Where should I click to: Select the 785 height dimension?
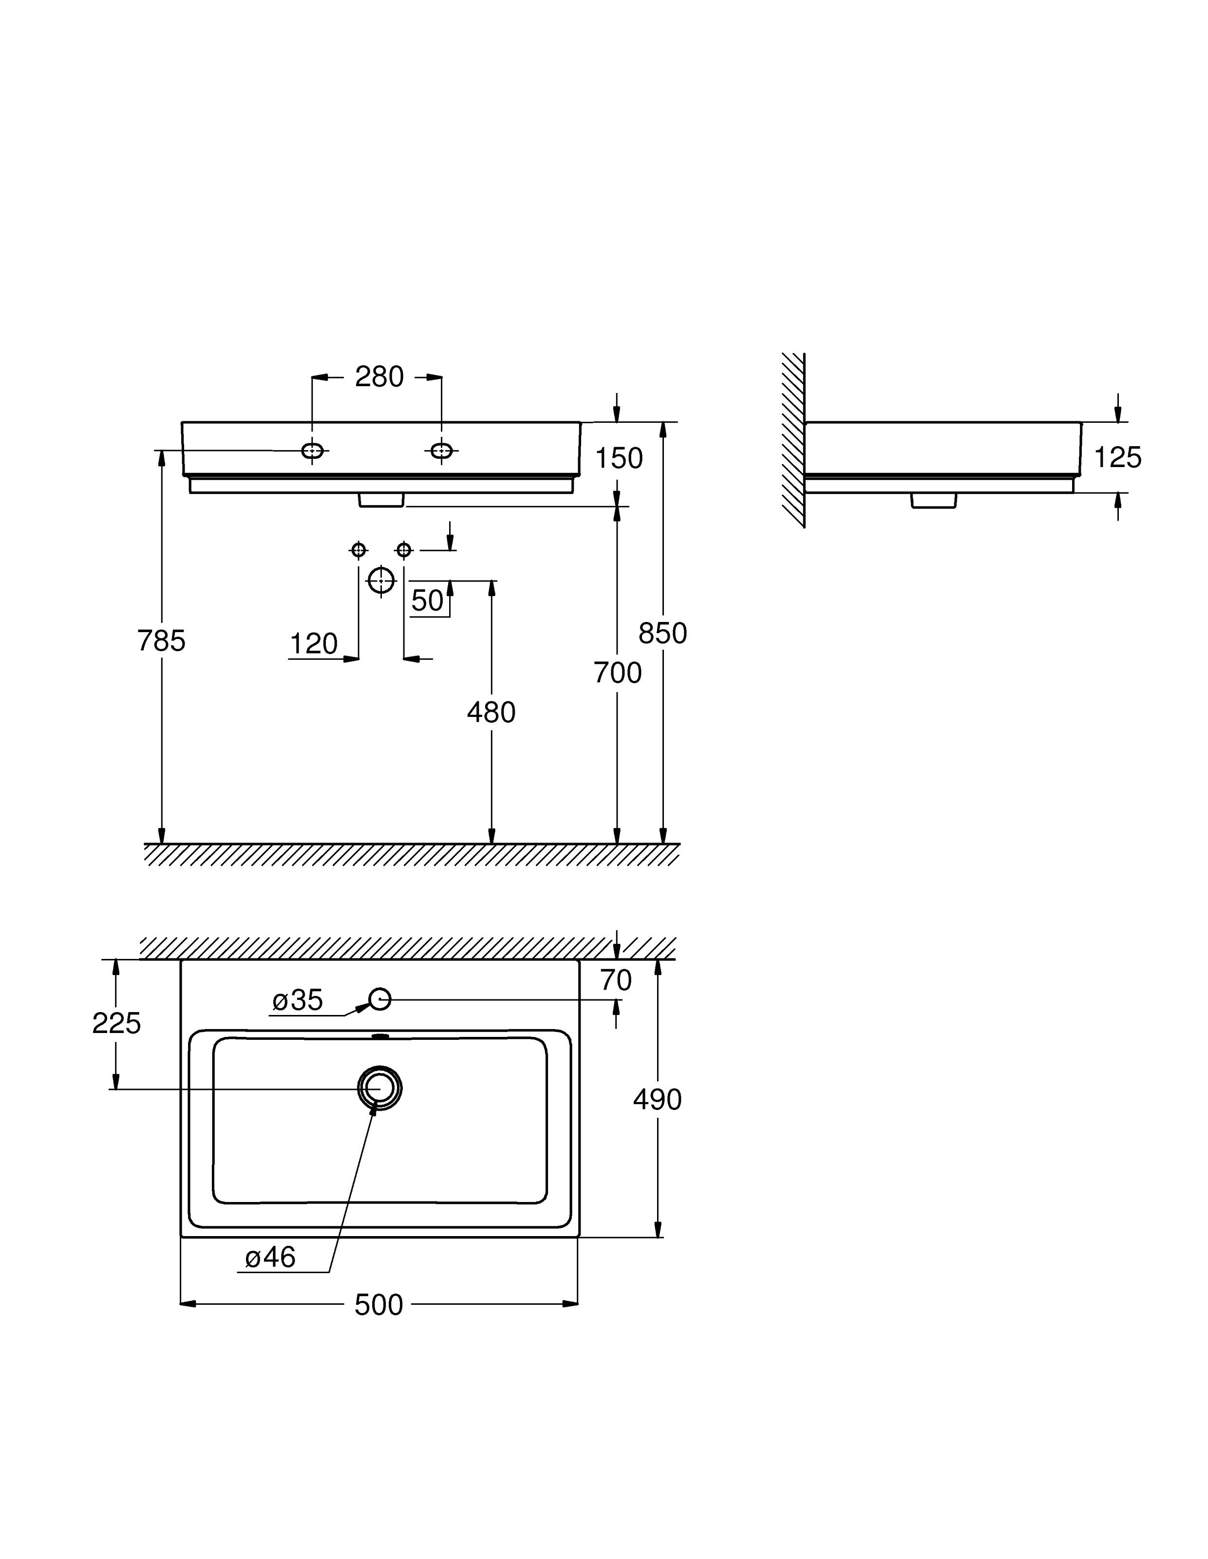point(161,641)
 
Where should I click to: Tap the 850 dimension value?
point(662,633)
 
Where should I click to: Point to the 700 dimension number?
point(618,673)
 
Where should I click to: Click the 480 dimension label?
point(491,713)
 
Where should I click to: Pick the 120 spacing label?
point(313,644)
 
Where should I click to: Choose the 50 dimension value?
point(428,601)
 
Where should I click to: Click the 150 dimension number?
point(619,458)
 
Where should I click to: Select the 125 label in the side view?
point(1117,457)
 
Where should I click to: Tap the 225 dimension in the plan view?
point(116,1024)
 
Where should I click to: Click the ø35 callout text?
point(298,1000)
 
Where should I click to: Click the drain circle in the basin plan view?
point(380,1089)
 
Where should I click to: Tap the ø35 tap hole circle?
point(380,999)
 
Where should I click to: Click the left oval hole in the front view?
point(313,451)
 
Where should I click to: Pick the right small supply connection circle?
point(404,550)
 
